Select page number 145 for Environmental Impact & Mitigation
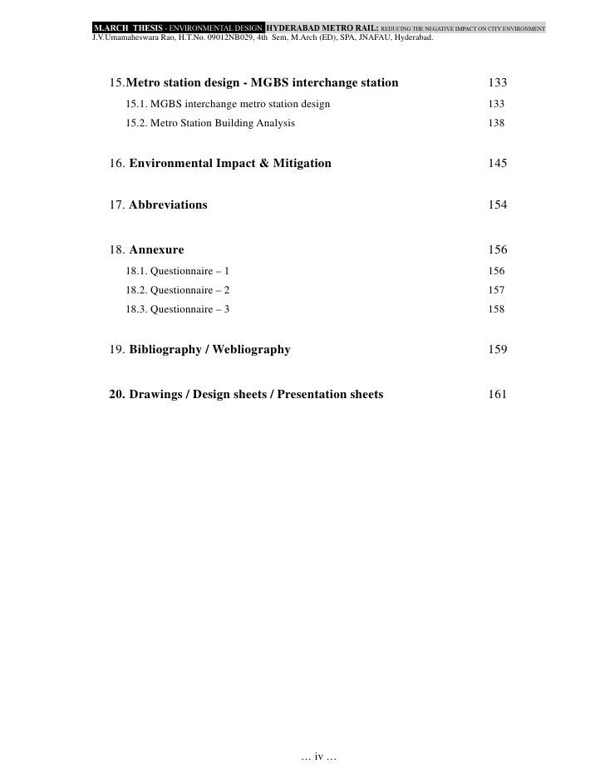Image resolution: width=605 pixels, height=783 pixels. (498, 164)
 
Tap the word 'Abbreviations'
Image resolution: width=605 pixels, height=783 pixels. (169, 205)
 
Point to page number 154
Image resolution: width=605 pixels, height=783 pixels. (498, 205)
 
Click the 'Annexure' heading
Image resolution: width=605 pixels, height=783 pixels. (157, 250)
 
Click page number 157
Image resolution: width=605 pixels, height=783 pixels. (496, 290)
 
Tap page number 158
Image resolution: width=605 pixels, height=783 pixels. (496, 309)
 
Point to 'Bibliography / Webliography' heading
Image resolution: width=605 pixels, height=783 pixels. (210, 350)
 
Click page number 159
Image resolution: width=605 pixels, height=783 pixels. (498, 350)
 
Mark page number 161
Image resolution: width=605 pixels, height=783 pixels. (498, 394)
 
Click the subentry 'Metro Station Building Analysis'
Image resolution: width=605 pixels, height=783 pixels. (222, 123)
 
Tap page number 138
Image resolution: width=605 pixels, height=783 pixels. (496, 123)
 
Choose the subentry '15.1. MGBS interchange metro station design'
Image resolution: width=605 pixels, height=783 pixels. (228, 104)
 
